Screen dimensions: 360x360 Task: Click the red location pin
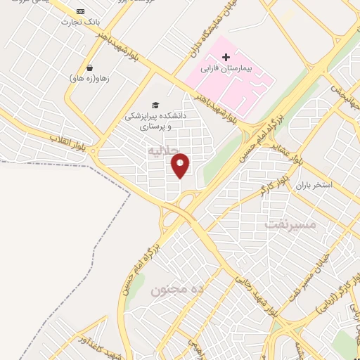click(181, 165)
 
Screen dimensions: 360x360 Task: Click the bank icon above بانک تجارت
click(79, 11)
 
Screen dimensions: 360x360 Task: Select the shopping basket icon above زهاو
click(90, 67)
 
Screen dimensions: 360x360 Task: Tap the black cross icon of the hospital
click(226, 56)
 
